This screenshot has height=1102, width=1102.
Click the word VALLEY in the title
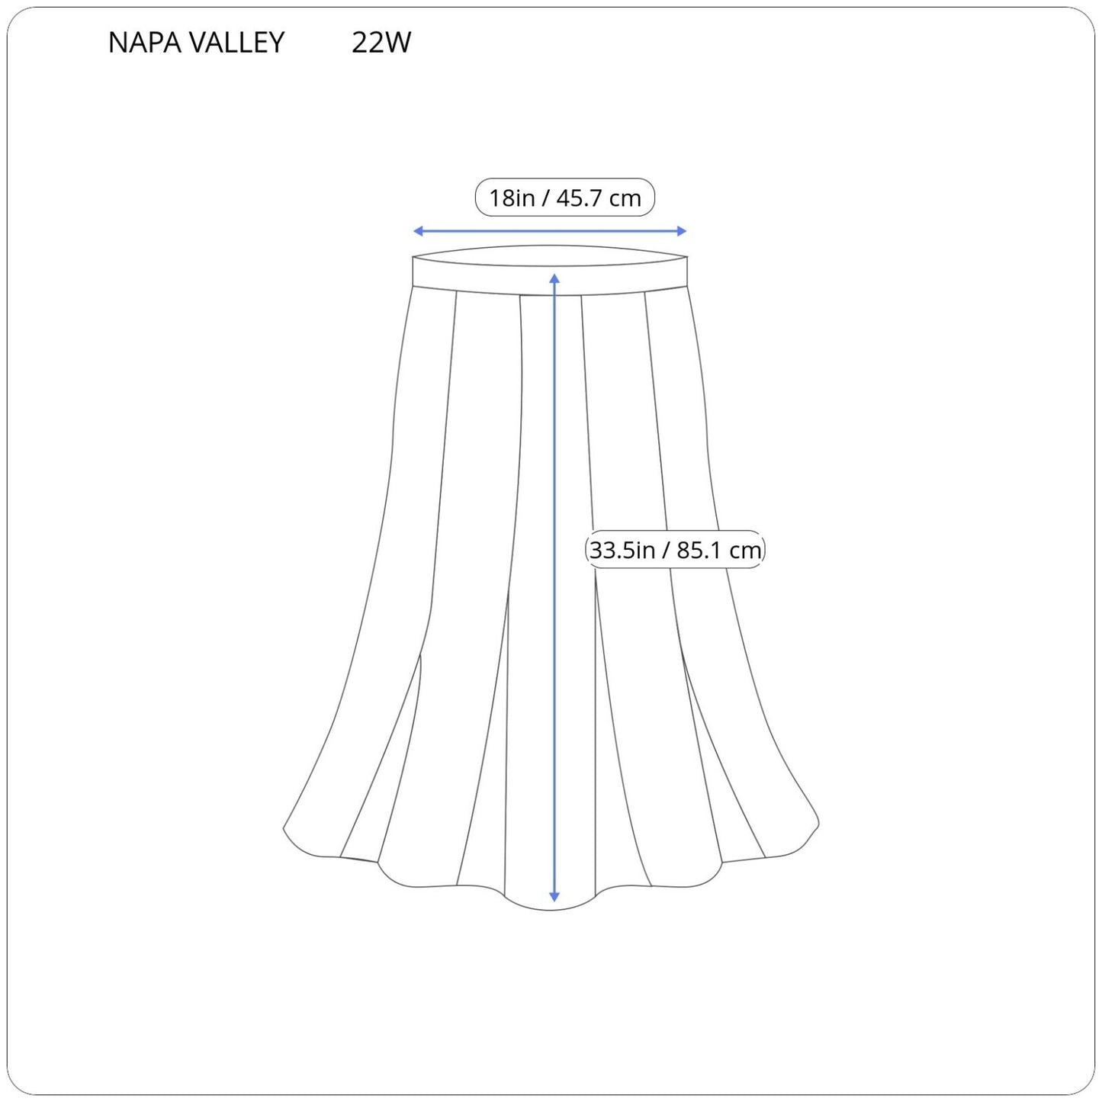tap(238, 43)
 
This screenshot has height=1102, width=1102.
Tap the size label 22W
tap(381, 43)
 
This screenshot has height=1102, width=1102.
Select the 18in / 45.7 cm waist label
tap(564, 198)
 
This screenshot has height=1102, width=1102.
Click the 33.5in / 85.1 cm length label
tap(675, 550)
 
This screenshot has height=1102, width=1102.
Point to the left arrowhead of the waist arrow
tap(417, 231)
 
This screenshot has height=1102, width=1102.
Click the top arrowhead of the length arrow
tap(554, 278)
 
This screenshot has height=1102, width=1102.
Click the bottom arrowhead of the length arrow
tap(554, 897)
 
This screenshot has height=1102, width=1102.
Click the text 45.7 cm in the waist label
tap(599, 198)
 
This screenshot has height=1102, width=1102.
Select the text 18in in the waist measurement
tap(512, 198)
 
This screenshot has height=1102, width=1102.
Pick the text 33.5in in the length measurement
tap(622, 550)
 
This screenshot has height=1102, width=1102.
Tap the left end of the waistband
tap(415, 271)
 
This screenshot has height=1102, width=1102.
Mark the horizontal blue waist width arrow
tap(549, 231)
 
